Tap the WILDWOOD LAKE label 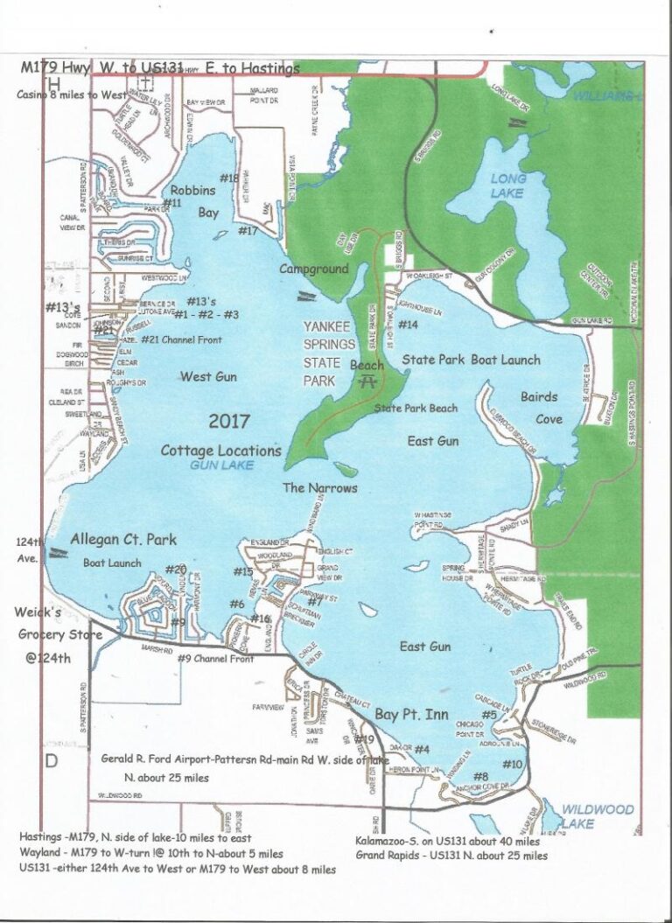tap(597, 816)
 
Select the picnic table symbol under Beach tap(368, 381)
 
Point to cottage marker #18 tap(229, 178)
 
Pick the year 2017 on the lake tap(229, 421)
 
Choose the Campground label tap(313, 269)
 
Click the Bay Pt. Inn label tap(411, 715)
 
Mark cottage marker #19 tap(365, 740)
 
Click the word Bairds tap(539, 397)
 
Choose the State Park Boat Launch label tap(471, 359)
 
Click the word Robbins tap(192, 189)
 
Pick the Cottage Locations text tap(220, 451)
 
